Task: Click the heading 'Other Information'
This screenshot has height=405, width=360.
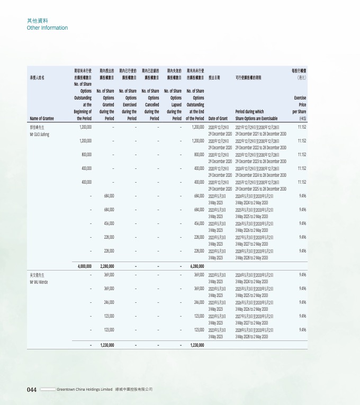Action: click(x=47, y=28)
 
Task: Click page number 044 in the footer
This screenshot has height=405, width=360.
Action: click(x=32, y=389)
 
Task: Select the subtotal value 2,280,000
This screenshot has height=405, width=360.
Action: click(x=105, y=266)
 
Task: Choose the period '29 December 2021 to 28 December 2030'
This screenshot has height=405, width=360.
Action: click(x=261, y=133)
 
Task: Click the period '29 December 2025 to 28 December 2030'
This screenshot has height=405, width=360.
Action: click(x=261, y=188)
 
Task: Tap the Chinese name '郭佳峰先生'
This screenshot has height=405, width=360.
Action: click(x=38, y=128)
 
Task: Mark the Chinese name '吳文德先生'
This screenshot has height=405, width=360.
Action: click(x=38, y=276)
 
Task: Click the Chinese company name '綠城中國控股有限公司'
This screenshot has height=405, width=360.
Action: click(x=134, y=389)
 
